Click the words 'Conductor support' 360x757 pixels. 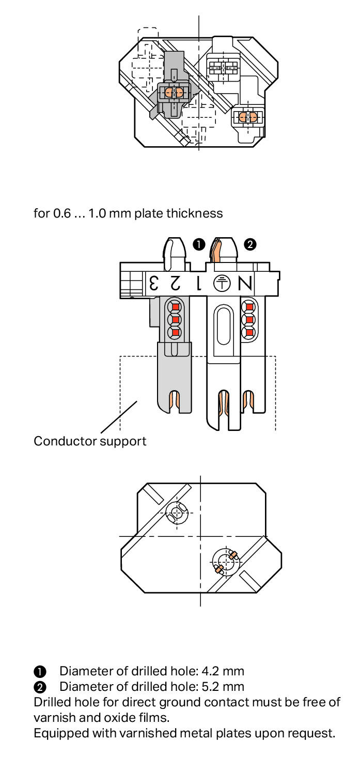point(90,441)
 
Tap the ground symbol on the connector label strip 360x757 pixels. point(222,283)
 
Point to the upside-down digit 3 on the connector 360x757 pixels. point(153,283)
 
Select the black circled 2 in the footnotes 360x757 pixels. point(40,687)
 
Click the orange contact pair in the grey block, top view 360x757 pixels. point(173,92)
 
